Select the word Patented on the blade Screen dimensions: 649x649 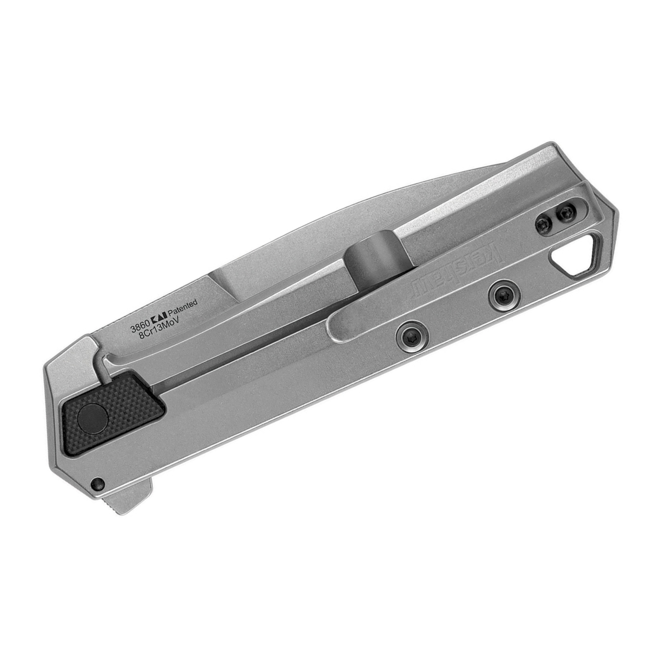tap(182, 306)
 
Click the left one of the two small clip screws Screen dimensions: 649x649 tap(543, 224)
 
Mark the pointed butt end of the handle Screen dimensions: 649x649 tap(617, 214)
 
